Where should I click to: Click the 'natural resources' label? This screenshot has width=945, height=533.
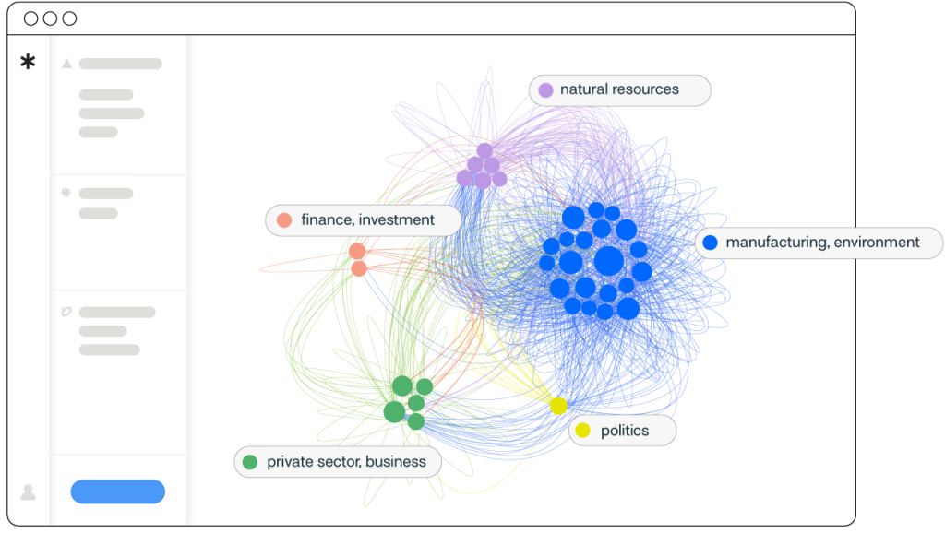coord(619,90)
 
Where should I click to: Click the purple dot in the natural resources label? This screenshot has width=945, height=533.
coord(545,90)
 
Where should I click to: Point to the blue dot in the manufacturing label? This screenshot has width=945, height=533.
coord(710,243)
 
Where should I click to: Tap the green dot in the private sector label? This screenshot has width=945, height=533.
coord(249,462)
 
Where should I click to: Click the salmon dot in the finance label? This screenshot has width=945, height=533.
coord(284,220)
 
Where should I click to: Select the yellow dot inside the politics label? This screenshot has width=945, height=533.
coord(582,431)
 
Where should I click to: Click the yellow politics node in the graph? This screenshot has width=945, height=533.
coord(558,406)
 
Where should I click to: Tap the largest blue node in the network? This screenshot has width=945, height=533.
coord(608,261)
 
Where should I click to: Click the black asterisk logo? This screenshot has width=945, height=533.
coord(29,63)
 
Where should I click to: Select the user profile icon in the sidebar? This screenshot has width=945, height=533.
coord(29,492)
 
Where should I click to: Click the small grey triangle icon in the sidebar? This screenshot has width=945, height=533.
coord(66,64)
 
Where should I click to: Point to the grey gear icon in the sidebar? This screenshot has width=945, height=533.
coord(66,194)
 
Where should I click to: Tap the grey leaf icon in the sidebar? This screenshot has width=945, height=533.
coord(66,312)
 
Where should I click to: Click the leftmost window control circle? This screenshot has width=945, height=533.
coord(31,18)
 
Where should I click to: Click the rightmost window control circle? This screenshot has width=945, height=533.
coord(69,18)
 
